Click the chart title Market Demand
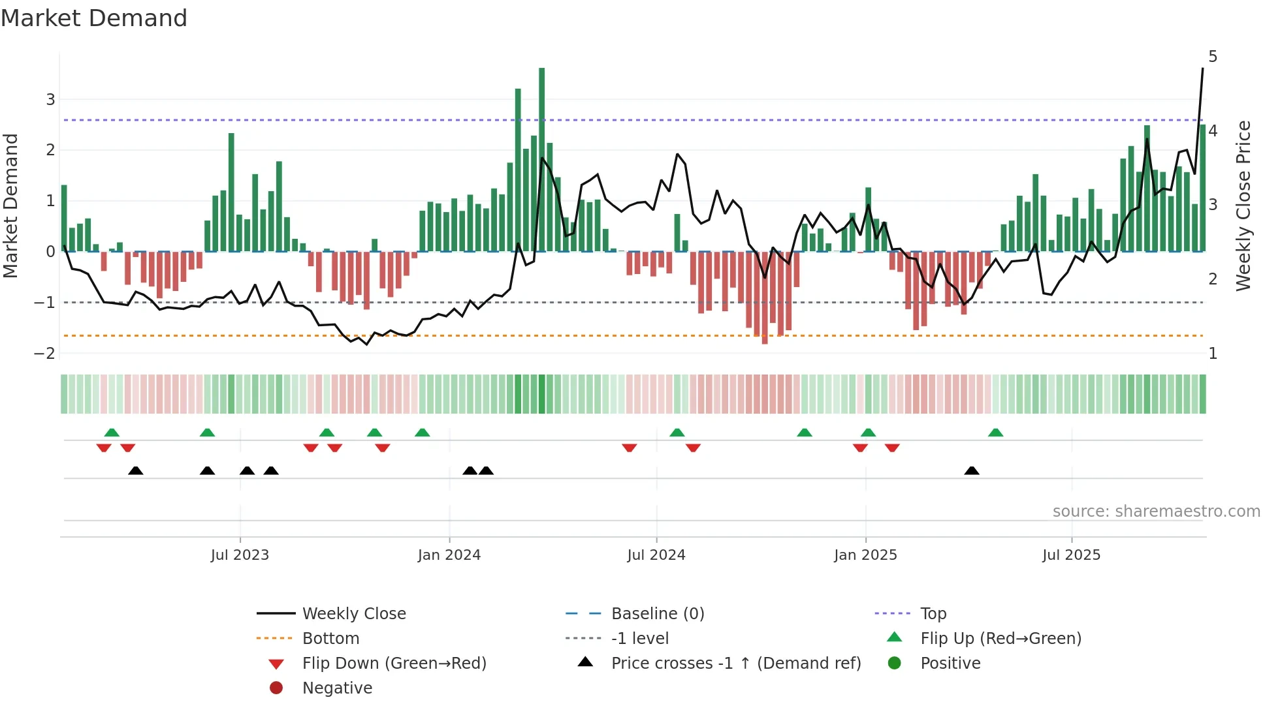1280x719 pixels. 94,18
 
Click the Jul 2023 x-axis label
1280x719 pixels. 240,555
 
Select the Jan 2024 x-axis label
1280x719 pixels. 449,555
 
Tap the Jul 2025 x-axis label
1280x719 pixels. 1072,555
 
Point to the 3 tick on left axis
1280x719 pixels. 50,100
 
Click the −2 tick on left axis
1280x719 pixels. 45,353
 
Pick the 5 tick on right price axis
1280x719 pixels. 1213,57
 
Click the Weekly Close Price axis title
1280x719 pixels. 1244,206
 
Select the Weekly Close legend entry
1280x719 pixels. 353,613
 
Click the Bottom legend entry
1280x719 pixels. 330,638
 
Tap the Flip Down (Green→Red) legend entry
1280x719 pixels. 394,663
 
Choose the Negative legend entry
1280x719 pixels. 337,688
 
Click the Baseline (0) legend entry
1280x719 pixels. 658,613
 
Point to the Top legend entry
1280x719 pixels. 933,613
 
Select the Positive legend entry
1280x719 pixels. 950,663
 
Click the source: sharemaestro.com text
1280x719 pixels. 1156,511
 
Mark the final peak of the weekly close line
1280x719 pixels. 1202,69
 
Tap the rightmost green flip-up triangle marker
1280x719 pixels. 995,433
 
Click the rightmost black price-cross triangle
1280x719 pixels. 972,470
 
